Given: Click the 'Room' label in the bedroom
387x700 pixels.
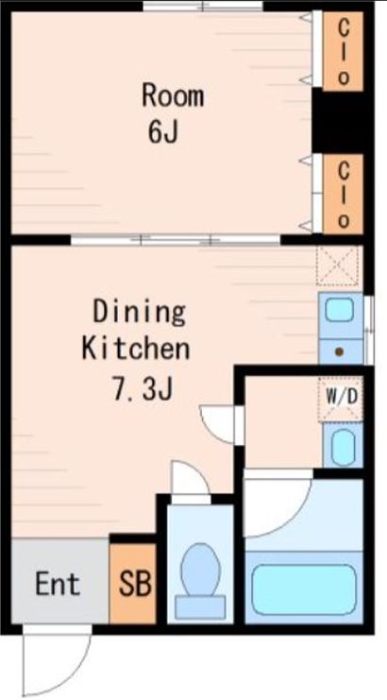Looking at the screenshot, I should pyautogui.click(x=172, y=95).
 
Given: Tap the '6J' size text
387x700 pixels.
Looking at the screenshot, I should pyautogui.click(x=162, y=133).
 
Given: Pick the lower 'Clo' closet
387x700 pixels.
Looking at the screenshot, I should pyautogui.click(x=344, y=195).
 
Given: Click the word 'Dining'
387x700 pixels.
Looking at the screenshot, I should pyautogui.click(x=139, y=311).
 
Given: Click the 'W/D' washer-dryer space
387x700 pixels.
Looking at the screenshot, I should pyautogui.click(x=342, y=397).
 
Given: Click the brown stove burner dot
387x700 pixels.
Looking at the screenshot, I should pyautogui.click(x=338, y=352).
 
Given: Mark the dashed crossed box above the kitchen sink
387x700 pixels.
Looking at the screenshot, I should pyautogui.click(x=338, y=266).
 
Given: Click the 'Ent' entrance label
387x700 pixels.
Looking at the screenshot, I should pyautogui.click(x=57, y=583).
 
